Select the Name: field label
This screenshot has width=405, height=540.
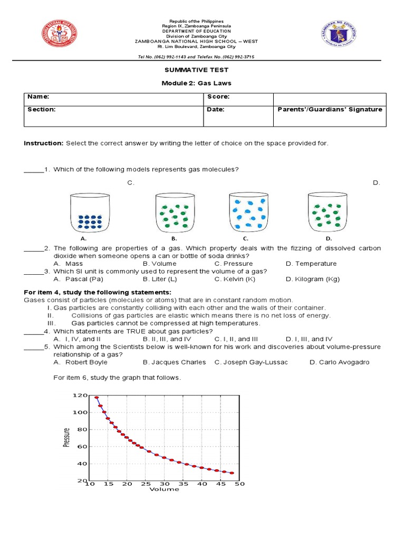38,97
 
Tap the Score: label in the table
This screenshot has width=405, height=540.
218,97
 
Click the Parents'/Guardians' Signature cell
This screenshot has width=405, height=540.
330,110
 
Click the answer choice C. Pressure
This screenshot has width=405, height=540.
234,264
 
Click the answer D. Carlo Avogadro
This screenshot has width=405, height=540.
339,362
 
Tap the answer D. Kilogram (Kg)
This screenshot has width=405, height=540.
313,279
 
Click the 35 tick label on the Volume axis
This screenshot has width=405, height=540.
183,484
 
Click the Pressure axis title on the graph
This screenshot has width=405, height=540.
66,437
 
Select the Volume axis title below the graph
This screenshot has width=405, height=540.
164,489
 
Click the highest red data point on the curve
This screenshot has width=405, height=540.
97,398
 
